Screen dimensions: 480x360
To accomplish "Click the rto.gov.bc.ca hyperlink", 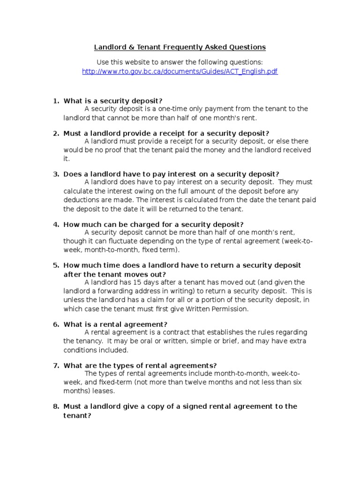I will (x=180, y=72).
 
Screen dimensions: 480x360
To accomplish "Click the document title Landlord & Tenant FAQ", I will (x=180, y=47).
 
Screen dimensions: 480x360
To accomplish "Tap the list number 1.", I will (x=55, y=101).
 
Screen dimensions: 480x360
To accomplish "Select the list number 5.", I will (x=55, y=265).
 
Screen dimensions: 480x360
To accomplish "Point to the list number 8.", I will (x=55, y=406).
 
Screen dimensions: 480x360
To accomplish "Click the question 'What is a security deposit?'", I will (x=113, y=101).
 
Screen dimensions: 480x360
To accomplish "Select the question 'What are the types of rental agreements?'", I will (x=140, y=366).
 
